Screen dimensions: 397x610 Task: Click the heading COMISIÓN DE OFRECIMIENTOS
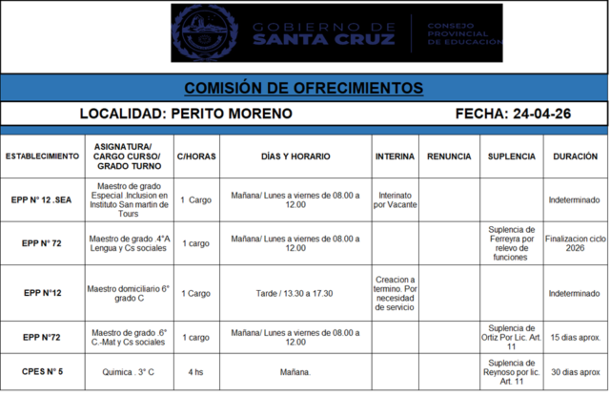[x=304, y=88]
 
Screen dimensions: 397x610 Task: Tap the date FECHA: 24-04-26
[x=513, y=114]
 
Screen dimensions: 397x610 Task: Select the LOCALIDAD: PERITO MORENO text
[x=186, y=114]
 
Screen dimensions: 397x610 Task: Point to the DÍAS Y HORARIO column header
[x=295, y=156]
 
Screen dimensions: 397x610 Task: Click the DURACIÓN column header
[x=575, y=156]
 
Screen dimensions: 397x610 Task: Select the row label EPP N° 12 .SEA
[x=42, y=199]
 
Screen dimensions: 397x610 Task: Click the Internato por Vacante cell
[x=395, y=199]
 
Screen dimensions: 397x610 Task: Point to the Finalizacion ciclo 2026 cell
[x=575, y=243]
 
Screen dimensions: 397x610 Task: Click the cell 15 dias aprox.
[x=575, y=338]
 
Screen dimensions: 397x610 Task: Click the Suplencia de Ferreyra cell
[x=511, y=243]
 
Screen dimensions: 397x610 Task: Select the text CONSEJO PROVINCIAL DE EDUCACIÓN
[x=462, y=34]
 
